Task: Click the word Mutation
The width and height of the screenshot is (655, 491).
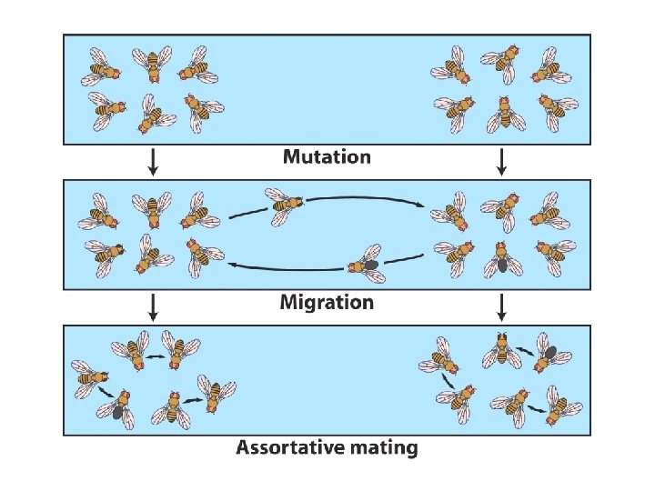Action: point(327,156)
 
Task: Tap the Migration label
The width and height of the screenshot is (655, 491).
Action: point(327,302)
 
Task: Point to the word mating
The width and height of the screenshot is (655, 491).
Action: point(381,447)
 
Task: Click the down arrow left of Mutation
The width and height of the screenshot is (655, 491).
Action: point(154,162)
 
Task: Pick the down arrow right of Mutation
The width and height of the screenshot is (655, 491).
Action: point(501,162)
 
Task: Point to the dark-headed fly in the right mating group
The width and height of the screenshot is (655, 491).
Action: point(501,349)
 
